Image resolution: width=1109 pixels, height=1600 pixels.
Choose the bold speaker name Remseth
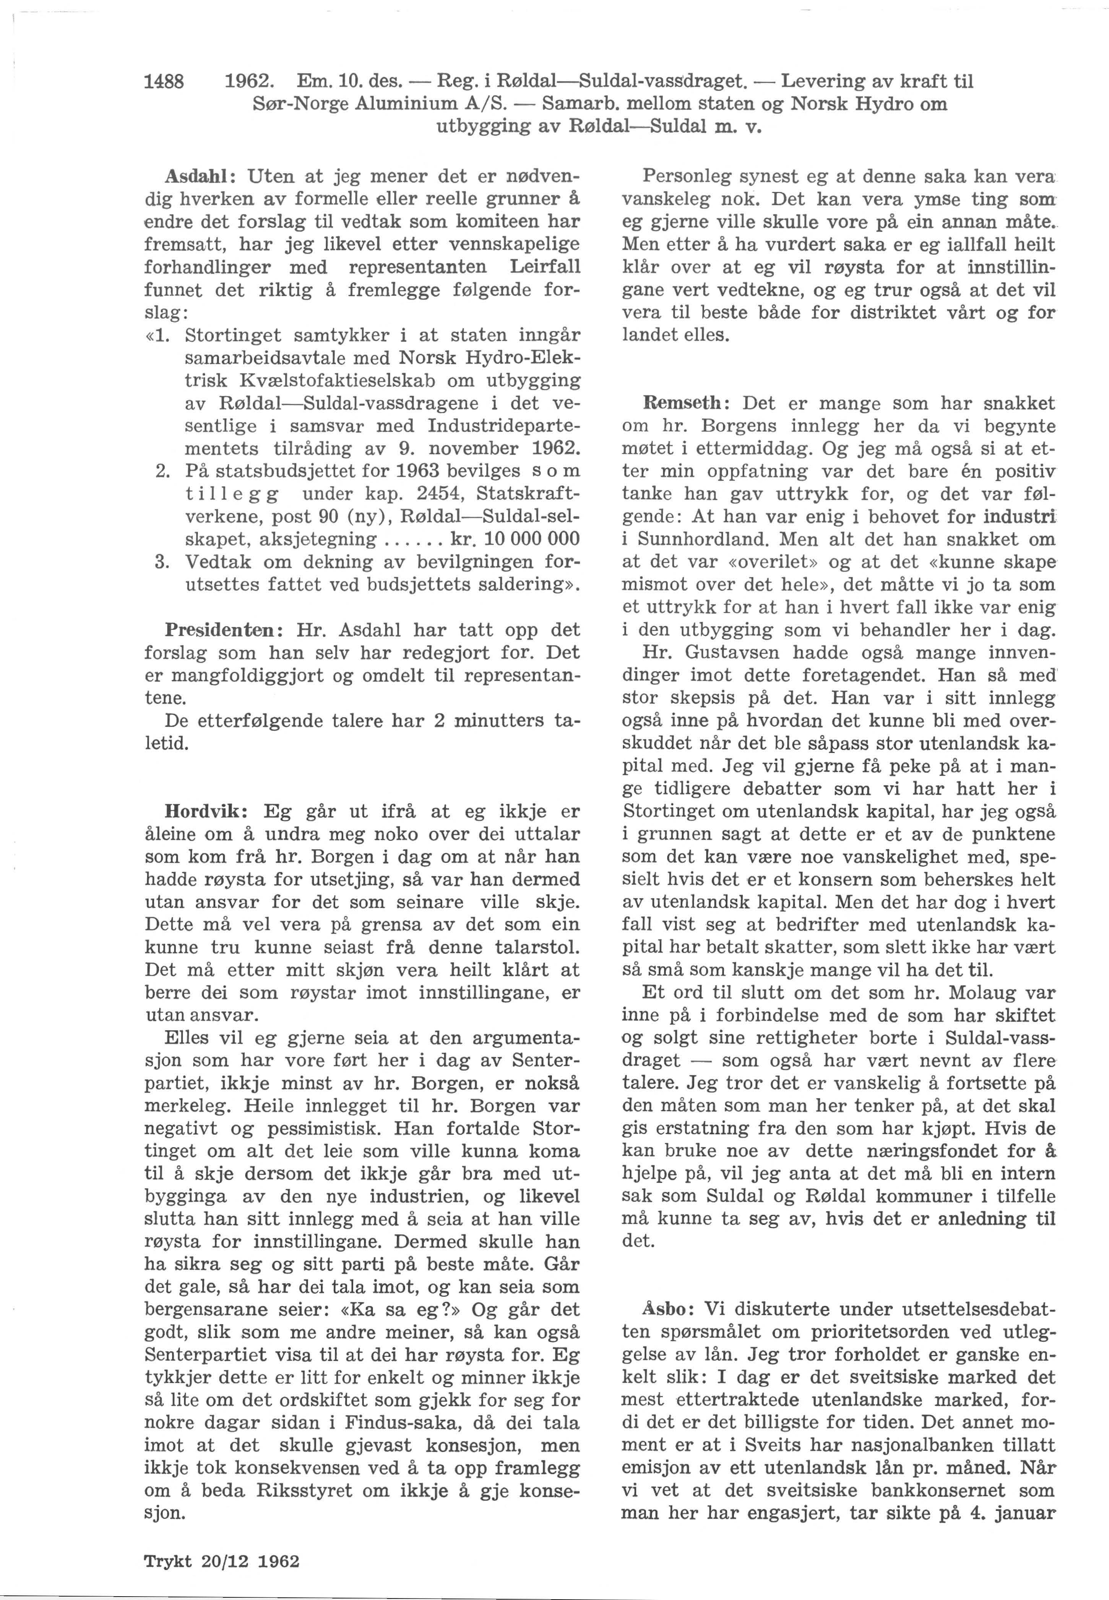tap(685, 404)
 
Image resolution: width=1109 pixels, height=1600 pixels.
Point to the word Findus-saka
tap(398, 1423)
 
